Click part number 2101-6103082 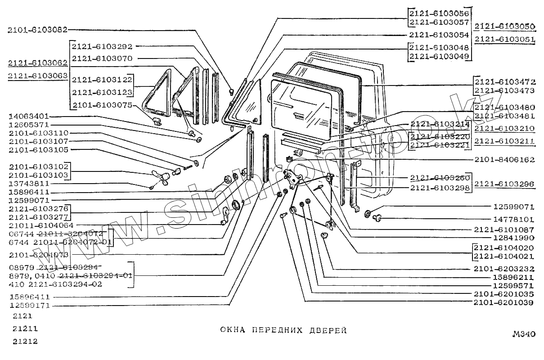click(x=38, y=30)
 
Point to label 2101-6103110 click(x=38, y=133)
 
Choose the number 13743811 click(x=29, y=184)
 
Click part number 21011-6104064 click(x=40, y=225)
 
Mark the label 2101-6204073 click(x=38, y=255)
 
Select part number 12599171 click(x=29, y=306)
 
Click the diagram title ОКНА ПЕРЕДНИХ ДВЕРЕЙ click(x=283, y=330)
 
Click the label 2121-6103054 click(x=439, y=35)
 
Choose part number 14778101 click(x=513, y=220)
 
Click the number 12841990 click(x=513, y=238)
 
